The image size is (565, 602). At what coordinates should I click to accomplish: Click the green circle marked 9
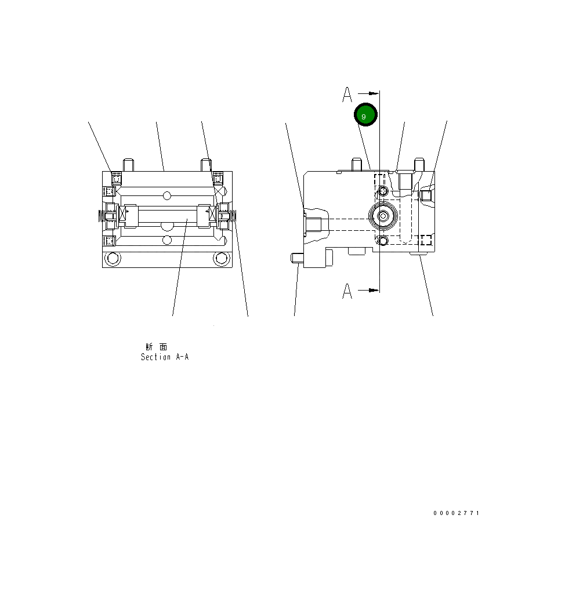point(366,115)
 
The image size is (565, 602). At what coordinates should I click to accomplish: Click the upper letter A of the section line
point(347,94)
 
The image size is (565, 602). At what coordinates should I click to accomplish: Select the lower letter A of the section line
point(347,291)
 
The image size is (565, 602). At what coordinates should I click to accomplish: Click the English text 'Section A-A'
point(165,357)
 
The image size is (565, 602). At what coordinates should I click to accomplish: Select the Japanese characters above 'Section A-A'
point(157,347)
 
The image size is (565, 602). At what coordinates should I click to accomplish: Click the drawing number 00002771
point(457,513)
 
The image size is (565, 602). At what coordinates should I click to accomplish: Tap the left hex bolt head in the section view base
point(112,259)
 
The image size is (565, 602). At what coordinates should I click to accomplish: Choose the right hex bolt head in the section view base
point(220,259)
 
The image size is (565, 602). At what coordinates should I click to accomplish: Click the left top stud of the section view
point(129,165)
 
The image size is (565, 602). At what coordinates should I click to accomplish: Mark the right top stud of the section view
point(205,165)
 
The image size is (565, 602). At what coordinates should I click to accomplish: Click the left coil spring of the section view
point(102,216)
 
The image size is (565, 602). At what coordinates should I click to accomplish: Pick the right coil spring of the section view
point(233,216)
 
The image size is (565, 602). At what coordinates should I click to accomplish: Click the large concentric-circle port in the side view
point(383,216)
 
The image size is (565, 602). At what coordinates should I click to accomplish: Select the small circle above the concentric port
point(382,191)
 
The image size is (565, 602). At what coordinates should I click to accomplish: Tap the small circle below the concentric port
point(382,240)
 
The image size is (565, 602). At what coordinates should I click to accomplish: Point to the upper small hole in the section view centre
point(167,194)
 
